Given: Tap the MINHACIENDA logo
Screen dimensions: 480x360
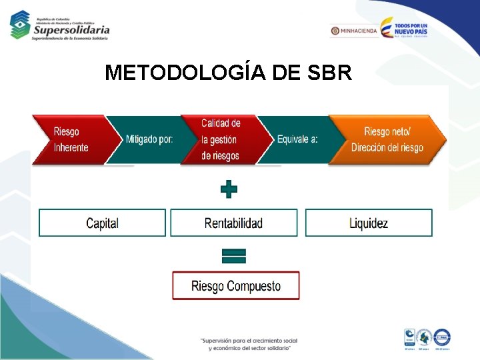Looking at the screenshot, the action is (354, 31).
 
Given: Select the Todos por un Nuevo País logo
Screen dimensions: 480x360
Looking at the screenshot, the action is (404, 28).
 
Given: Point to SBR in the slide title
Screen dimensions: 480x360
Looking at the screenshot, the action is (330, 73).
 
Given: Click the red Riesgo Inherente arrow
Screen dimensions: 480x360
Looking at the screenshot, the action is (70, 140).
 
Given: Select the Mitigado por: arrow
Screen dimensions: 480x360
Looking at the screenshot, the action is (149, 140).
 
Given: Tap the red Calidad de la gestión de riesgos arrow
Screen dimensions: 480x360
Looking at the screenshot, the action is (220, 140).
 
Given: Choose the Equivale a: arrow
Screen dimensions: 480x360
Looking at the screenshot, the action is (297, 140).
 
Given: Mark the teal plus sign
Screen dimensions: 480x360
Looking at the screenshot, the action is (229, 189).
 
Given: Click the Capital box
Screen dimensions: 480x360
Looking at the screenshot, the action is (102, 223).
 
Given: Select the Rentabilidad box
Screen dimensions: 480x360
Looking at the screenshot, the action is (233, 223).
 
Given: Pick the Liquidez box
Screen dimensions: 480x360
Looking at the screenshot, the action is (369, 223).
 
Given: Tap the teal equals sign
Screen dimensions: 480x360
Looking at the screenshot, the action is (233, 256).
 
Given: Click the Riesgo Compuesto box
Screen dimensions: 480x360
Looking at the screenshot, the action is (236, 286).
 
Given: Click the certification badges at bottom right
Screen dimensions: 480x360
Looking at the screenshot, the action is (427, 339).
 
